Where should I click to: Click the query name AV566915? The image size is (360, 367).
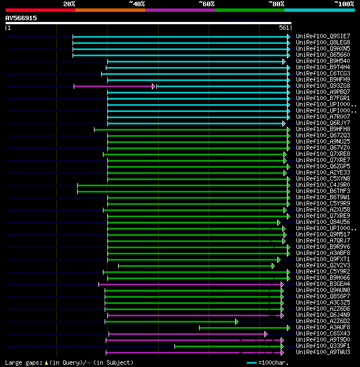[21, 18]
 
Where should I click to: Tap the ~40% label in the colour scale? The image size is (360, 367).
[137, 3]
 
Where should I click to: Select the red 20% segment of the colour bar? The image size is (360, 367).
[40, 10]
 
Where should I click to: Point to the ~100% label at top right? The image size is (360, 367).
[344, 3]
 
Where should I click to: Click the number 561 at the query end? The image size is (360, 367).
[283, 28]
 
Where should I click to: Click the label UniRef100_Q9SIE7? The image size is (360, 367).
[323, 37]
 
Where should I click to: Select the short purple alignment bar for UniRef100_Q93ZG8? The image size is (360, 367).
[114, 86]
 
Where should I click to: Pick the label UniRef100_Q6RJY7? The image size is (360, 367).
[323, 123]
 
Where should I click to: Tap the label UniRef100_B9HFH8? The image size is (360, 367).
[323, 129]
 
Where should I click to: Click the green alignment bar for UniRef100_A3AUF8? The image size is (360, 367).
[243, 328]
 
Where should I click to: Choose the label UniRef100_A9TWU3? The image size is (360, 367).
[323, 352]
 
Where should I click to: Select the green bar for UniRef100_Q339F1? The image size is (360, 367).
[228, 346]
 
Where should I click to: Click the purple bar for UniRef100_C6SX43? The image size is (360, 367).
[187, 334]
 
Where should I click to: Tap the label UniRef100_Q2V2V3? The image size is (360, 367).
[323, 266]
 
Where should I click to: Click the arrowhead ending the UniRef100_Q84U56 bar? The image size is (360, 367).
[278, 222]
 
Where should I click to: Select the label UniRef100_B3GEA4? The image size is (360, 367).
[323, 284]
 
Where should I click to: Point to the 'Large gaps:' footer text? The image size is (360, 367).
[23, 363]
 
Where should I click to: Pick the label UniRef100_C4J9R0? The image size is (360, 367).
[323, 185]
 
